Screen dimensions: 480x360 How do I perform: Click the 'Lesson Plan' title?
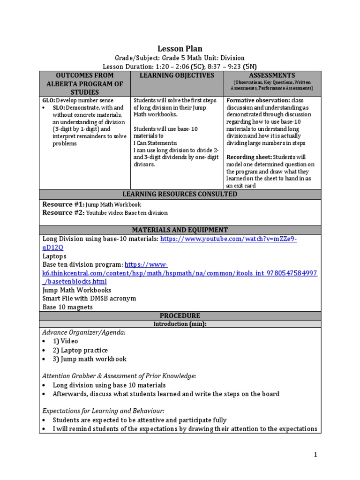[x=180, y=49]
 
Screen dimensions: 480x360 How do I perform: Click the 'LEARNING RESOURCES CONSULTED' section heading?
[x=180, y=194]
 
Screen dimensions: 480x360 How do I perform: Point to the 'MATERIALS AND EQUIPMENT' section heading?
[x=180, y=230]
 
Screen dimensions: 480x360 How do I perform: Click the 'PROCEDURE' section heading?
[x=180, y=315]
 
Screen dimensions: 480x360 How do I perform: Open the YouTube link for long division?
[x=228, y=239]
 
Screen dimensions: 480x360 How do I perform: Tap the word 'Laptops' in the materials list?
[x=54, y=256]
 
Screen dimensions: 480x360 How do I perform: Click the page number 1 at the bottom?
[x=315, y=454]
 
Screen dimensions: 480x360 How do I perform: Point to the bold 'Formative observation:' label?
[x=258, y=101]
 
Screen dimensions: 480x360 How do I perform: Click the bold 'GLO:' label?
[x=49, y=101]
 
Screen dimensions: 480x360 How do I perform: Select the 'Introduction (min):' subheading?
[x=180, y=324]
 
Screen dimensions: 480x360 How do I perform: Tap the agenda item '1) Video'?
[x=65, y=341]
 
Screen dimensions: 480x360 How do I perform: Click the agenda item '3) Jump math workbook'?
[x=90, y=359]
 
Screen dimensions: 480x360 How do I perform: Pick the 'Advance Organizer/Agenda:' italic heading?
[x=84, y=332]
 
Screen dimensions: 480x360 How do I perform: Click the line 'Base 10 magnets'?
[x=67, y=307]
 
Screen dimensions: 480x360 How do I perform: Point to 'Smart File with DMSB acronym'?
[x=89, y=299]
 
